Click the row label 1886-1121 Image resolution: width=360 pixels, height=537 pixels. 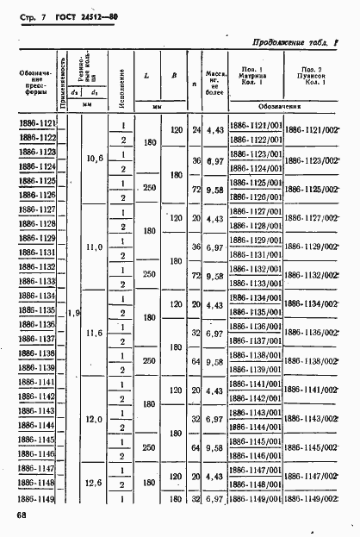point(35,124)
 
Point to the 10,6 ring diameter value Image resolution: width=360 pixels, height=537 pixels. point(95,159)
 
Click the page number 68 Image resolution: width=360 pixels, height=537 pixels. point(21,516)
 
